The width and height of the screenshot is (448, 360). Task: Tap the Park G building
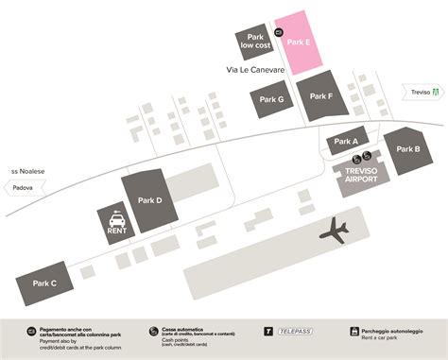[x=271, y=99]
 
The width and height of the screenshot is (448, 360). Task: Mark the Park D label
[x=150, y=200]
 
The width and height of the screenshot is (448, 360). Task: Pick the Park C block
[x=45, y=283]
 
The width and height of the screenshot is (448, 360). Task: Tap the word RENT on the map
[x=118, y=231]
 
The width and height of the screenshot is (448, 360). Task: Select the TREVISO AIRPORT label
[x=360, y=178]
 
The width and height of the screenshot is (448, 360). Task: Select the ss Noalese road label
[x=27, y=171]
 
